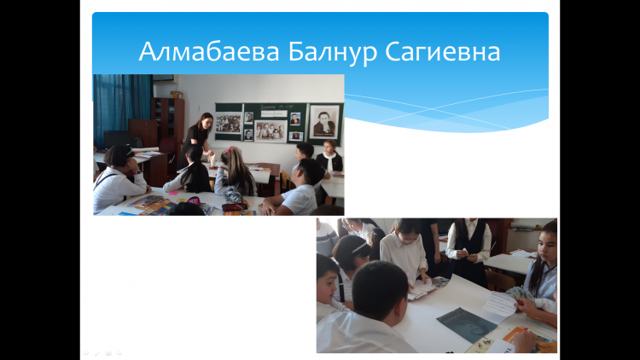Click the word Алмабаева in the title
point(209,52)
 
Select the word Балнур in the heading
point(333,53)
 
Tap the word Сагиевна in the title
point(442,52)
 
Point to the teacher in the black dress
point(197,138)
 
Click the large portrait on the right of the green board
point(324,121)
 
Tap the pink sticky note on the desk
point(173,192)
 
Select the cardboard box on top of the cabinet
point(177,95)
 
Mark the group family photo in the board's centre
point(271,131)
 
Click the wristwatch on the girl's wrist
point(137,172)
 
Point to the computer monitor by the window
point(117,140)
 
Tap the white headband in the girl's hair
point(359,247)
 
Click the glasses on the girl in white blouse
point(406,241)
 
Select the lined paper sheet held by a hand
point(500,304)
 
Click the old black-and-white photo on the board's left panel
point(229,123)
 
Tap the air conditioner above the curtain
point(165,79)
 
